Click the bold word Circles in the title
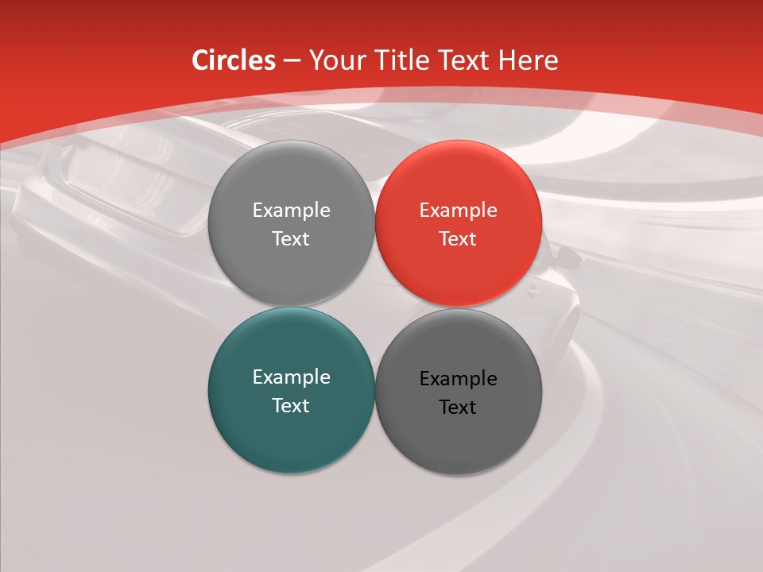(234, 60)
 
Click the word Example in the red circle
(458, 211)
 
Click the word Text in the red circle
(458, 239)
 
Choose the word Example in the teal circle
(291, 377)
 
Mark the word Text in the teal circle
(291, 406)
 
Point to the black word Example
(458, 379)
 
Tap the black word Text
(458, 408)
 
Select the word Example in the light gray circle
(291, 211)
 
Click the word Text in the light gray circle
(291, 239)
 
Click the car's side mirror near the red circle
(567, 256)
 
